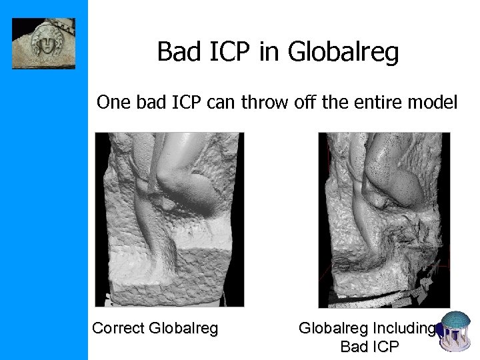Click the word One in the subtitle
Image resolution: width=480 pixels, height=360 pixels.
(112, 103)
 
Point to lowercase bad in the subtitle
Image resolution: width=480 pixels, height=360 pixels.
(151, 103)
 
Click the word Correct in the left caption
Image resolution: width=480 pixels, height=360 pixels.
(119, 328)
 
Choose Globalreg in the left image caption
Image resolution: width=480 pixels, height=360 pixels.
(184, 328)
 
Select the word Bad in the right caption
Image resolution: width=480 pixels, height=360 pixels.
(352, 347)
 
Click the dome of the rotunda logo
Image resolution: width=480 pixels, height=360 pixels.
(456, 321)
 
